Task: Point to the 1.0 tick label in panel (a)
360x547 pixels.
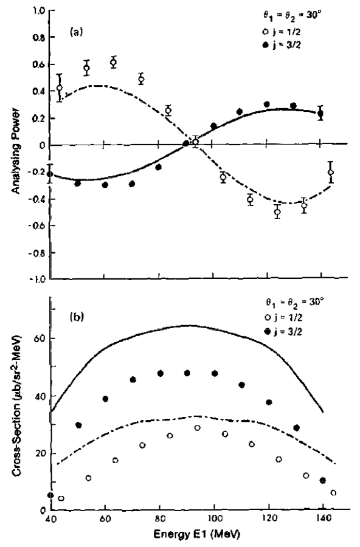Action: (40, 11)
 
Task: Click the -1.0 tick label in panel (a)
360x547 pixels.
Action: (38, 279)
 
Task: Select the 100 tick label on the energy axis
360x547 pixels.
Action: (213, 521)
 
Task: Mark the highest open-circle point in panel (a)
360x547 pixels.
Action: (114, 63)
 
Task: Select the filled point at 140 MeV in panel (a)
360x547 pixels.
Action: (320, 114)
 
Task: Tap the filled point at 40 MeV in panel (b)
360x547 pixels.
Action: (50, 495)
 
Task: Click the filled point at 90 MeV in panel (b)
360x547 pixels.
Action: (187, 373)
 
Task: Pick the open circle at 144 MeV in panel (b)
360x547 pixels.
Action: (333, 493)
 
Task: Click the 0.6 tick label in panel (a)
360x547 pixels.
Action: (40, 64)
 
